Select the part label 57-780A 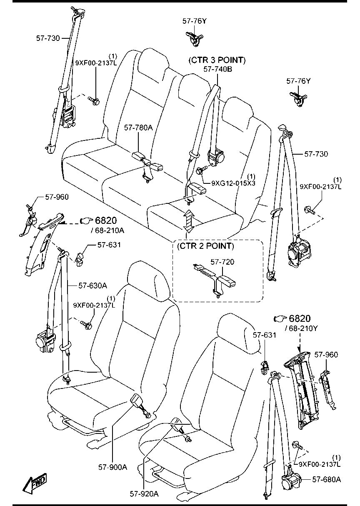point(138,128)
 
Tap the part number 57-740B point(218,69)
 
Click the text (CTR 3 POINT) point(217,60)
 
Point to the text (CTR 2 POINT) point(206,246)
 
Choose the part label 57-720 point(222,262)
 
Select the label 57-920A point(144,494)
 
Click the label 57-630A point(93,286)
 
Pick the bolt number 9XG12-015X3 point(233,183)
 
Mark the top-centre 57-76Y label point(195,21)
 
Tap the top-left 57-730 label point(48,38)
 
